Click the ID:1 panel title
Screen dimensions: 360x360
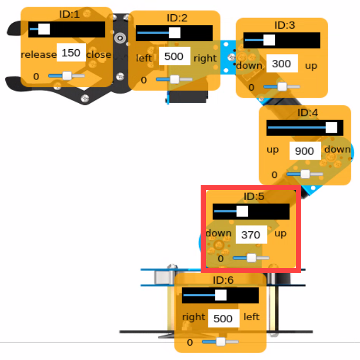[69, 14]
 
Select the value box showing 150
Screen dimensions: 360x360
[71, 52]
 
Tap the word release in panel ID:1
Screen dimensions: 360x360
[38, 55]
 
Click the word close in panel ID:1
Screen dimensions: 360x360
[98, 55]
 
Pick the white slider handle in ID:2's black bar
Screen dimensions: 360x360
[175, 33]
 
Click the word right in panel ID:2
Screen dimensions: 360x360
[205, 59]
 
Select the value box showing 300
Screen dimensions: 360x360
[282, 64]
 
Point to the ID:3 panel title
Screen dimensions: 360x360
[285, 25]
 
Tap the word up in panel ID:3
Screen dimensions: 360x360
[311, 66]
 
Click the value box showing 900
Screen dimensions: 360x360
[305, 151]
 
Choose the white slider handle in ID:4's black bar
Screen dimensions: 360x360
[331, 128]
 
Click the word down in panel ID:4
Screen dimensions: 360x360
[337, 149]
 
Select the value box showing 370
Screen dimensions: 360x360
[251, 235]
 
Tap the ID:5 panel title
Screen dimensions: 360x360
[254, 196]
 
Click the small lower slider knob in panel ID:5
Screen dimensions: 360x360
[251, 258]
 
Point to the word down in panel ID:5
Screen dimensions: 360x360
[219, 233]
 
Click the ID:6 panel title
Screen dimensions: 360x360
[223, 280]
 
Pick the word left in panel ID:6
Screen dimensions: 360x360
[251, 317]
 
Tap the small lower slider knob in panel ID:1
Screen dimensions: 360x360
[67, 76]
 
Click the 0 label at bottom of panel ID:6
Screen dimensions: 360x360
[190, 343]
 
